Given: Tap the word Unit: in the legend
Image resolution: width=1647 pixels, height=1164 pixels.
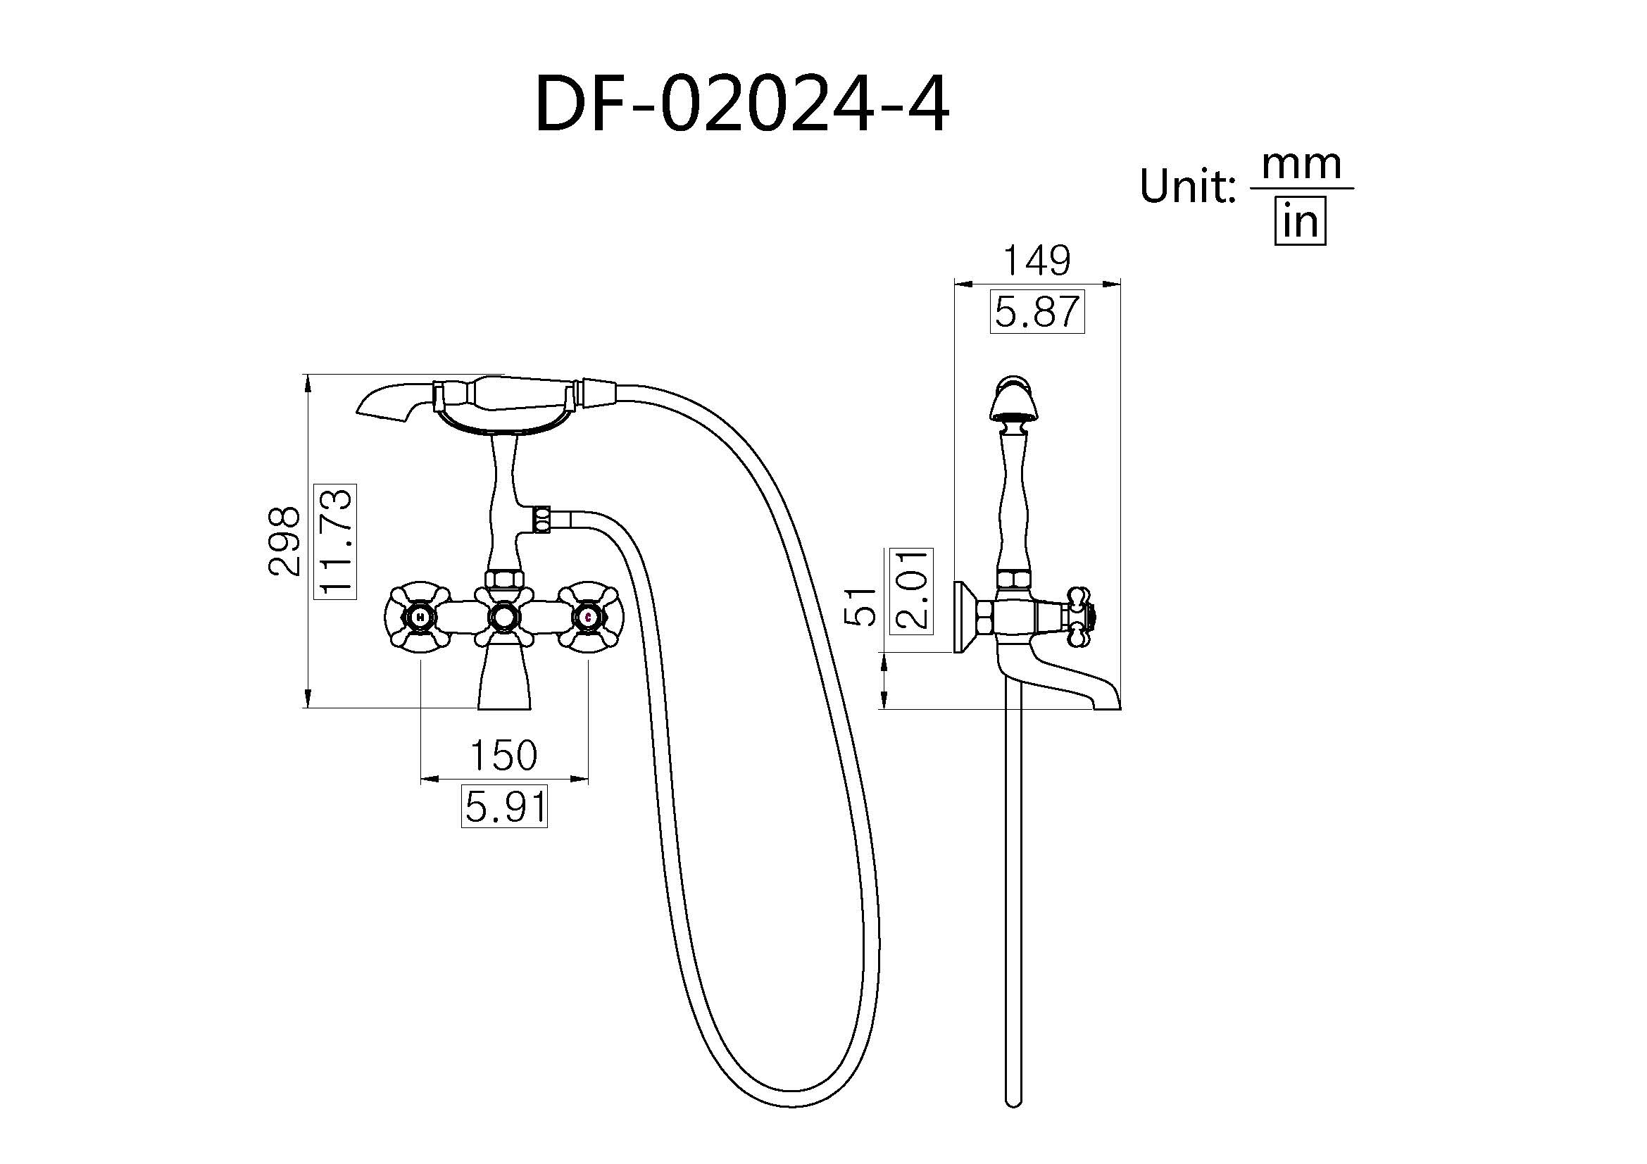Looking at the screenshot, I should pyautogui.click(x=1187, y=187).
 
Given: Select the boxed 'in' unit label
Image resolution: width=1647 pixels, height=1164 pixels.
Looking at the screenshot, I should pyautogui.click(x=1300, y=222).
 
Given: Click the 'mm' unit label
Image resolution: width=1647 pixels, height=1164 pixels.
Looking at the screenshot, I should pyautogui.click(x=1301, y=164).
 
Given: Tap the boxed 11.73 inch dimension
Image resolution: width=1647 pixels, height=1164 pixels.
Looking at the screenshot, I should pyautogui.click(x=336, y=542).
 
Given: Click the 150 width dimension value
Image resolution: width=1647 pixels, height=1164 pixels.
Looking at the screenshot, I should pyautogui.click(x=503, y=755).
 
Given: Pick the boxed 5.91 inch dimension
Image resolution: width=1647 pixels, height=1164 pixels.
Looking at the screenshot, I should pyautogui.click(x=504, y=807).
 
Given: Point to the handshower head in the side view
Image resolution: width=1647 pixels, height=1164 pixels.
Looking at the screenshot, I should pyautogui.click(x=1013, y=401).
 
